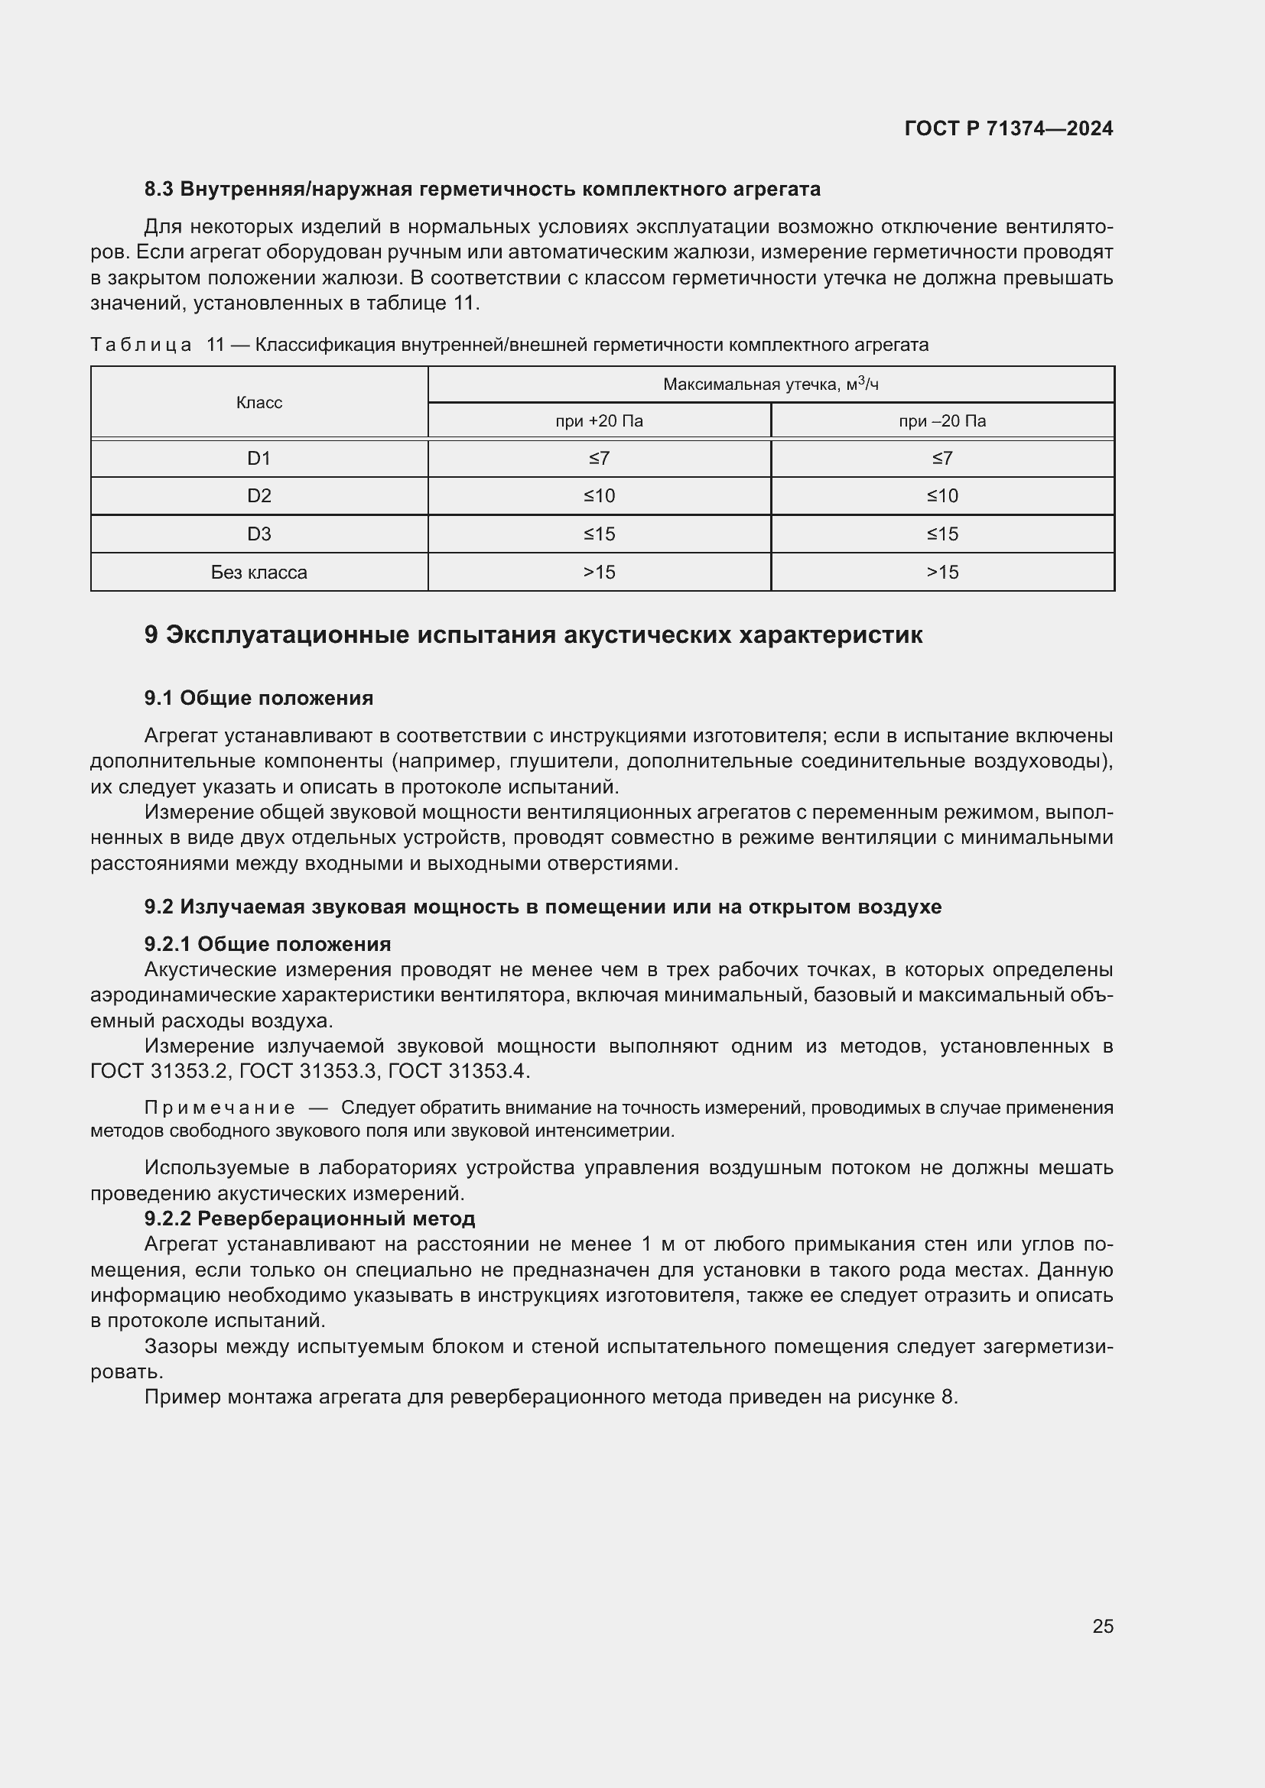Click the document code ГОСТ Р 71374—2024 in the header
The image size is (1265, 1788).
(1008, 128)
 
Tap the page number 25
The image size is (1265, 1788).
(1102, 1626)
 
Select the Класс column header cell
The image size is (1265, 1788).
(259, 403)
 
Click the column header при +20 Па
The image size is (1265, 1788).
(599, 421)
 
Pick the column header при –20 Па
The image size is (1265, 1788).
(941, 421)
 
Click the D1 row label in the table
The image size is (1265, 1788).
(259, 459)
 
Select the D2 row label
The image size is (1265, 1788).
(259, 496)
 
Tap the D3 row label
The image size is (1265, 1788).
(259, 534)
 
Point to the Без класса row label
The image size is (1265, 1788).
(259, 573)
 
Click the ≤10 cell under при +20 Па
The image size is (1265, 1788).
(599, 496)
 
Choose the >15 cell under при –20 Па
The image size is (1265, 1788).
(941, 573)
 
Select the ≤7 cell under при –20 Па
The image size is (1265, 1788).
(941, 459)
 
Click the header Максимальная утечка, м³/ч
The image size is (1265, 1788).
(770, 384)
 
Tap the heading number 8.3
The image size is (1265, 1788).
(158, 190)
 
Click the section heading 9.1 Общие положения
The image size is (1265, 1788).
(259, 698)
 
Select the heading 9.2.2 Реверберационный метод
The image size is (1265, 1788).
(309, 1218)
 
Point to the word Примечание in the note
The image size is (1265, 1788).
(220, 1108)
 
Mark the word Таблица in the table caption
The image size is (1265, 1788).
(141, 345)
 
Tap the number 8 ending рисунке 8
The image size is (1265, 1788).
(947, 1397)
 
